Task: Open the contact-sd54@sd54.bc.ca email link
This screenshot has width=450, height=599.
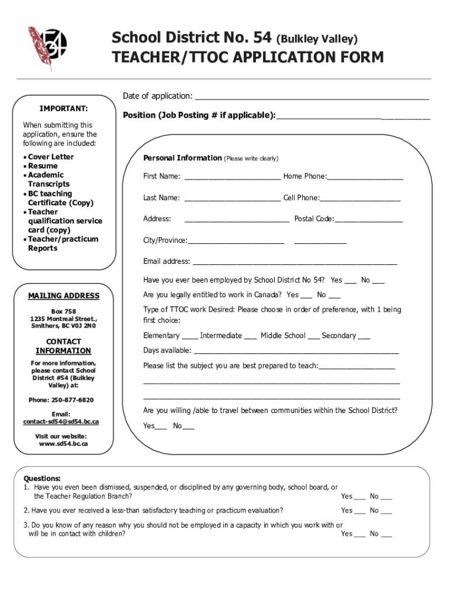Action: click(x=61, y=422)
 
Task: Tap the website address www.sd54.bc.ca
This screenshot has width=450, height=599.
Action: click(x=63, y=444)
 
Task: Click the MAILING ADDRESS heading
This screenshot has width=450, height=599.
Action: click(x=64, y=296)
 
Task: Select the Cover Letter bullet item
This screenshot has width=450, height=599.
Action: click(x=51, y=157)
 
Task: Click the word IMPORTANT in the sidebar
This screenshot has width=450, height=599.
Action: click(x=64, y=109)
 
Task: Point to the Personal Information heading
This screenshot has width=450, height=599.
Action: click(x=182, y=158)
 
